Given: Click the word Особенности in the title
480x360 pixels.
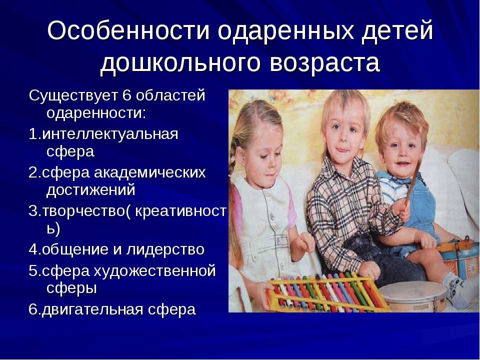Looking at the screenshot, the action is click(128, 30).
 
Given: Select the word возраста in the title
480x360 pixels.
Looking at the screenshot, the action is click(325, 63).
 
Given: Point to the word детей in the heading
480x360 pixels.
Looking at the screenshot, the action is click(397, 31).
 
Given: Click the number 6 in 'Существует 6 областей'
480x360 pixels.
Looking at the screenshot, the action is click(126, 95).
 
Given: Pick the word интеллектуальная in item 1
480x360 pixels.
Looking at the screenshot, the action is click(110, 134).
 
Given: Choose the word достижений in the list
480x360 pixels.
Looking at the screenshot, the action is click(90, 190).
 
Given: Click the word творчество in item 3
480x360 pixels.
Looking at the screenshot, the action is click(83, 211).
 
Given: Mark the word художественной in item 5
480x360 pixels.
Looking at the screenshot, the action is click(154, 271).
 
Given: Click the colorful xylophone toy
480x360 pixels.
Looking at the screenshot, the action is click(327, 292).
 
